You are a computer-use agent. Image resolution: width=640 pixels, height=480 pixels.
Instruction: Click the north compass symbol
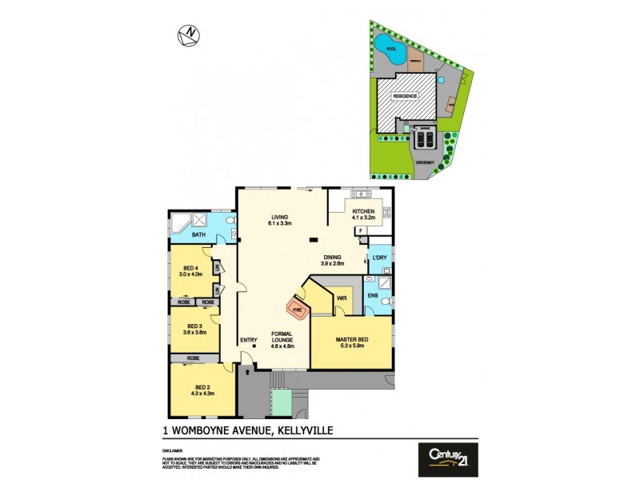click(190, 34)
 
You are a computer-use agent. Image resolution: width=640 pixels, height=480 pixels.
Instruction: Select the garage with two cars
click(422, 137)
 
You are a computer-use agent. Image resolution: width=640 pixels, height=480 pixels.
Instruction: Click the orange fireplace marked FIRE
click(298, 306)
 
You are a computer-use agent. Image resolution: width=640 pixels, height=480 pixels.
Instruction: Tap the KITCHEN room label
click(363, 211)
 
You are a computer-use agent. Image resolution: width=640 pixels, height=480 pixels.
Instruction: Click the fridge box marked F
click(360, 230)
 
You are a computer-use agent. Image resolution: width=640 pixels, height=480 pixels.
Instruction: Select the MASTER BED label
click(351, 342)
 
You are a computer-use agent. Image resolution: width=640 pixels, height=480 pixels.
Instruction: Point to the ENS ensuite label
click(373, 295)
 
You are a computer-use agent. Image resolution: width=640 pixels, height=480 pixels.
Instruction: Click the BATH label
click(198, 234)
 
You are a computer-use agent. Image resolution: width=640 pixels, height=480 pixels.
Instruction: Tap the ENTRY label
click(249, 341)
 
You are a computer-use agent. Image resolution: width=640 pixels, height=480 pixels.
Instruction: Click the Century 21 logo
click(448, 459)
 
